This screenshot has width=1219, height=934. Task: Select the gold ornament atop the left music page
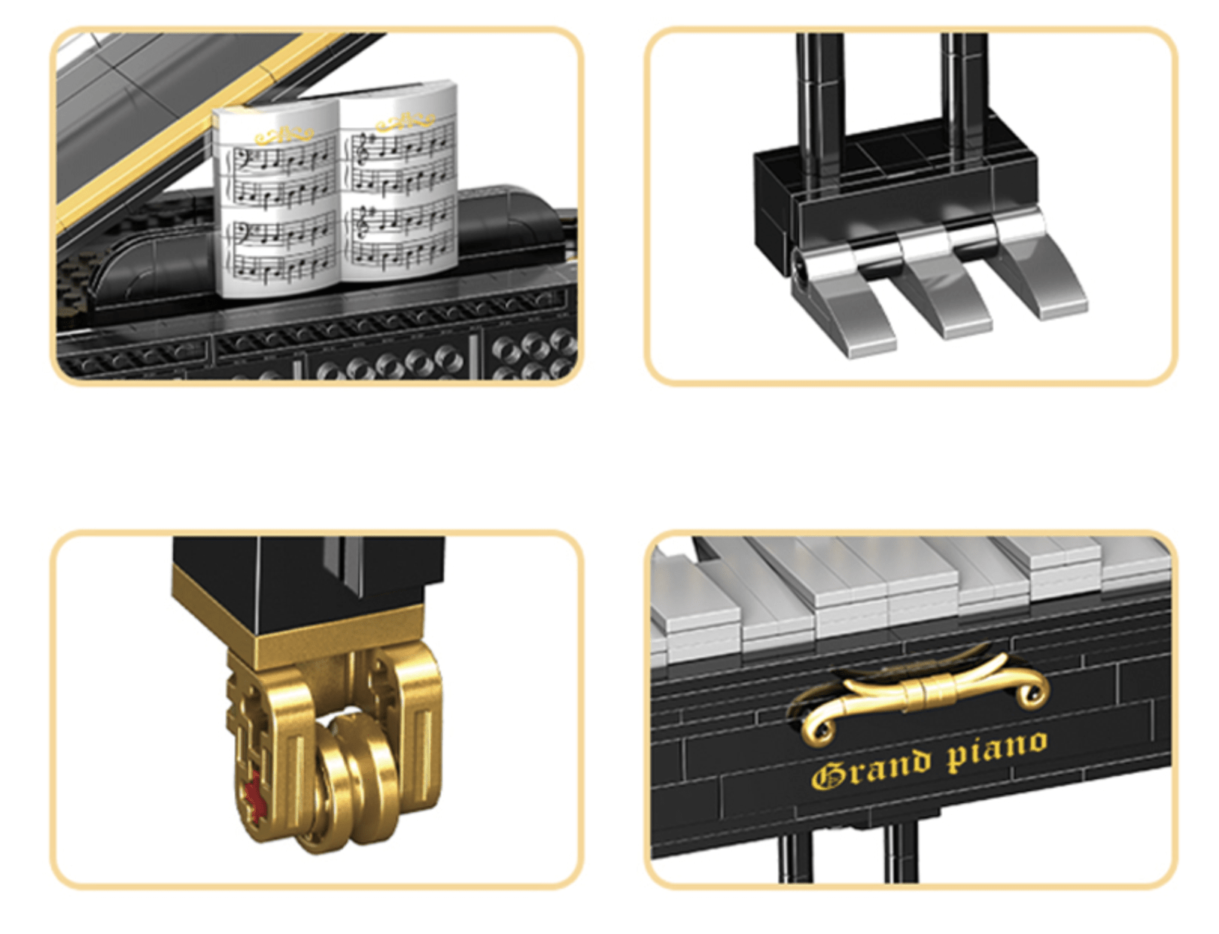point(284,135)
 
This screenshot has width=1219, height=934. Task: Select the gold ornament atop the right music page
point(405,120)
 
